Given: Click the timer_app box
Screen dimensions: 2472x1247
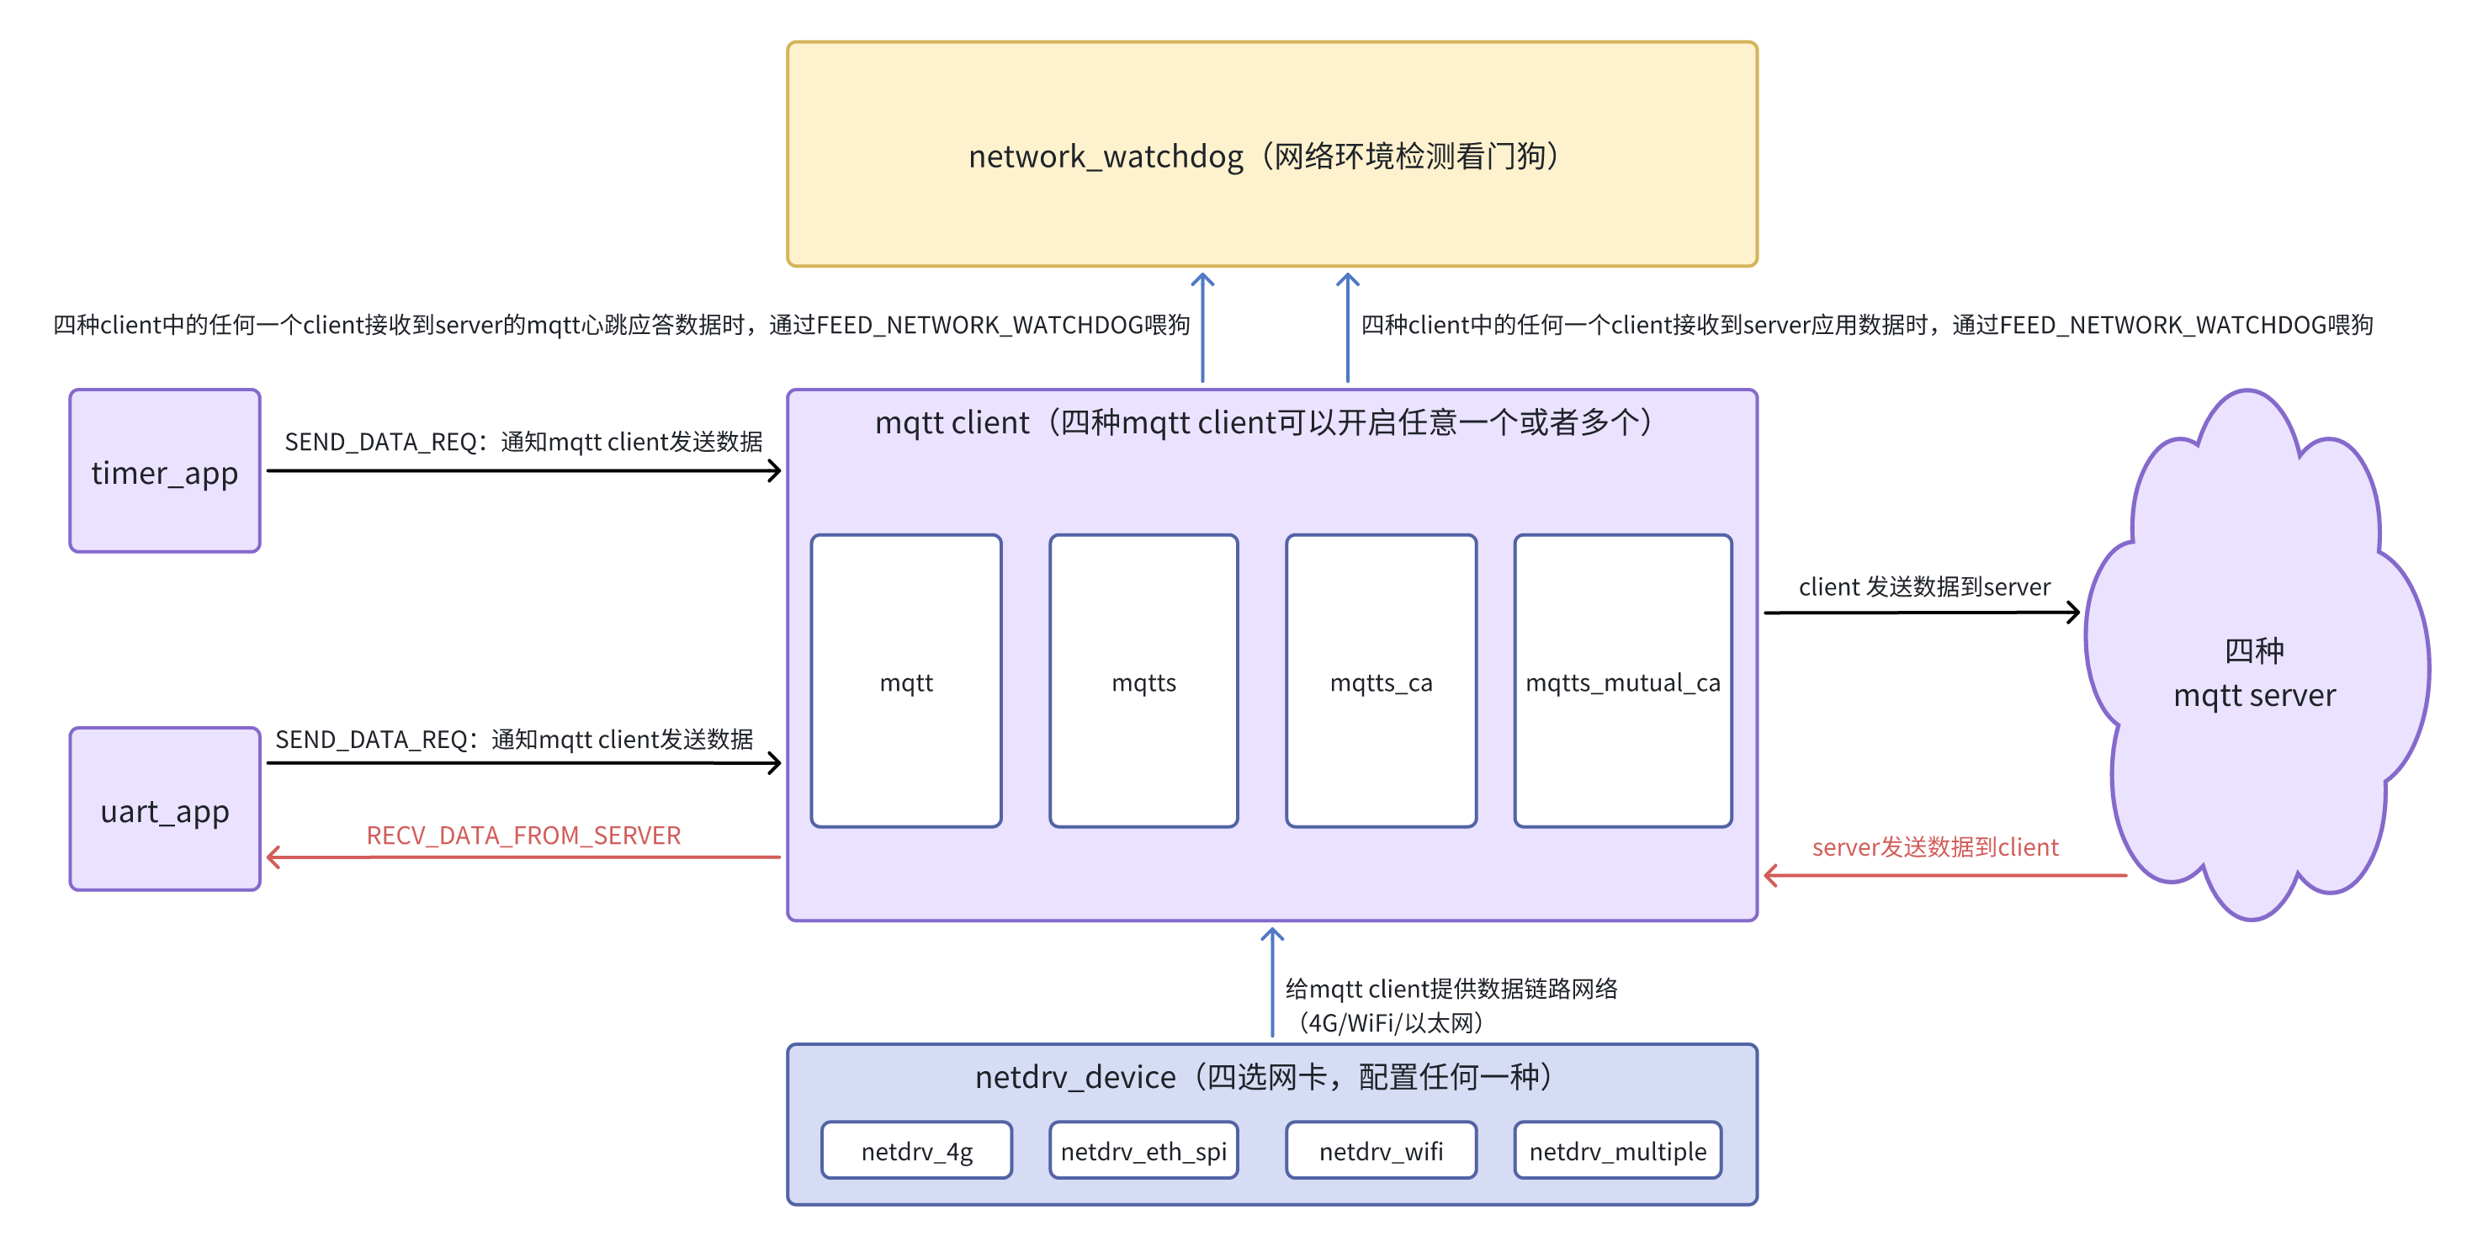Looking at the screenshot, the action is point(165,470).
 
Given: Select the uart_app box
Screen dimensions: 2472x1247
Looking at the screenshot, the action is point(165,809).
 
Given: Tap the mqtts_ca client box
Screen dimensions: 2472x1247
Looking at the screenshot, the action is point(1381,681).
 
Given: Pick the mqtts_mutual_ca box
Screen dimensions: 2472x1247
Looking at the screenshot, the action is point(1623,681).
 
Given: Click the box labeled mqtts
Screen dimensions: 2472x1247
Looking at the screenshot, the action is point(1144,681).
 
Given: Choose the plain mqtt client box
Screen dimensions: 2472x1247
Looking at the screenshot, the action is point(906,681).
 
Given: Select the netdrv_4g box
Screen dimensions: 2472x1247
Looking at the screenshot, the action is point(916,1150).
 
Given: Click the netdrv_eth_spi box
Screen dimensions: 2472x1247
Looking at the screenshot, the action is point(1144,1150).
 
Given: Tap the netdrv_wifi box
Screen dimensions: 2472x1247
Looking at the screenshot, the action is point(1381,1150).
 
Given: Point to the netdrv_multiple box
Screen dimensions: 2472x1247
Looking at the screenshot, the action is point(1618,1150).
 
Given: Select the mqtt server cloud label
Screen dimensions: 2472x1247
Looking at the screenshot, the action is point(2254,673).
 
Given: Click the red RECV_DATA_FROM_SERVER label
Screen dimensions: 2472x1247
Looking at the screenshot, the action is point(523,836).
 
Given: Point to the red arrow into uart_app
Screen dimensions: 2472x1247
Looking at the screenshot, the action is point(524,857).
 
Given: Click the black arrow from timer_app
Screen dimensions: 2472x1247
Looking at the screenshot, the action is point(524,470).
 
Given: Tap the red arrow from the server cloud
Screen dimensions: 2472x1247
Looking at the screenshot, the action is point(1945,875).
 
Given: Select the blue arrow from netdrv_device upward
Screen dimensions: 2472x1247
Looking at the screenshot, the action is point(1272,982).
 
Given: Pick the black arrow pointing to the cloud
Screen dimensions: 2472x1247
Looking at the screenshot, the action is point(1922,612).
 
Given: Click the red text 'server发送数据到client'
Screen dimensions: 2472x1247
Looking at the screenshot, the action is point(1934,846).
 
